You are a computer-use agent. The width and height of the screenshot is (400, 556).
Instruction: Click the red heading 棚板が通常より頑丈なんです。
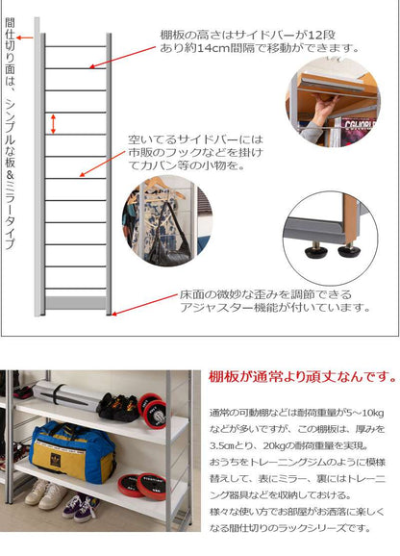point(303,377)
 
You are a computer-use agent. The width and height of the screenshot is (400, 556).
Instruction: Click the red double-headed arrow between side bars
point(53,124)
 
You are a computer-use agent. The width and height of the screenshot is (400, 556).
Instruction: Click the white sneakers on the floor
point(46,493)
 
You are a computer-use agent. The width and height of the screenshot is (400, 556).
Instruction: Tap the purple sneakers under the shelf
point(81,508)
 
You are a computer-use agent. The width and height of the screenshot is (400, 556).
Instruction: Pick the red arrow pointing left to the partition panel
point(25,38)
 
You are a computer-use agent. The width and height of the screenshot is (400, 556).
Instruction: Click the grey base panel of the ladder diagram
point(75,302)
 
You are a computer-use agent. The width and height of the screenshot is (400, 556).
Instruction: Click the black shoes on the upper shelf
point(117,407)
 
